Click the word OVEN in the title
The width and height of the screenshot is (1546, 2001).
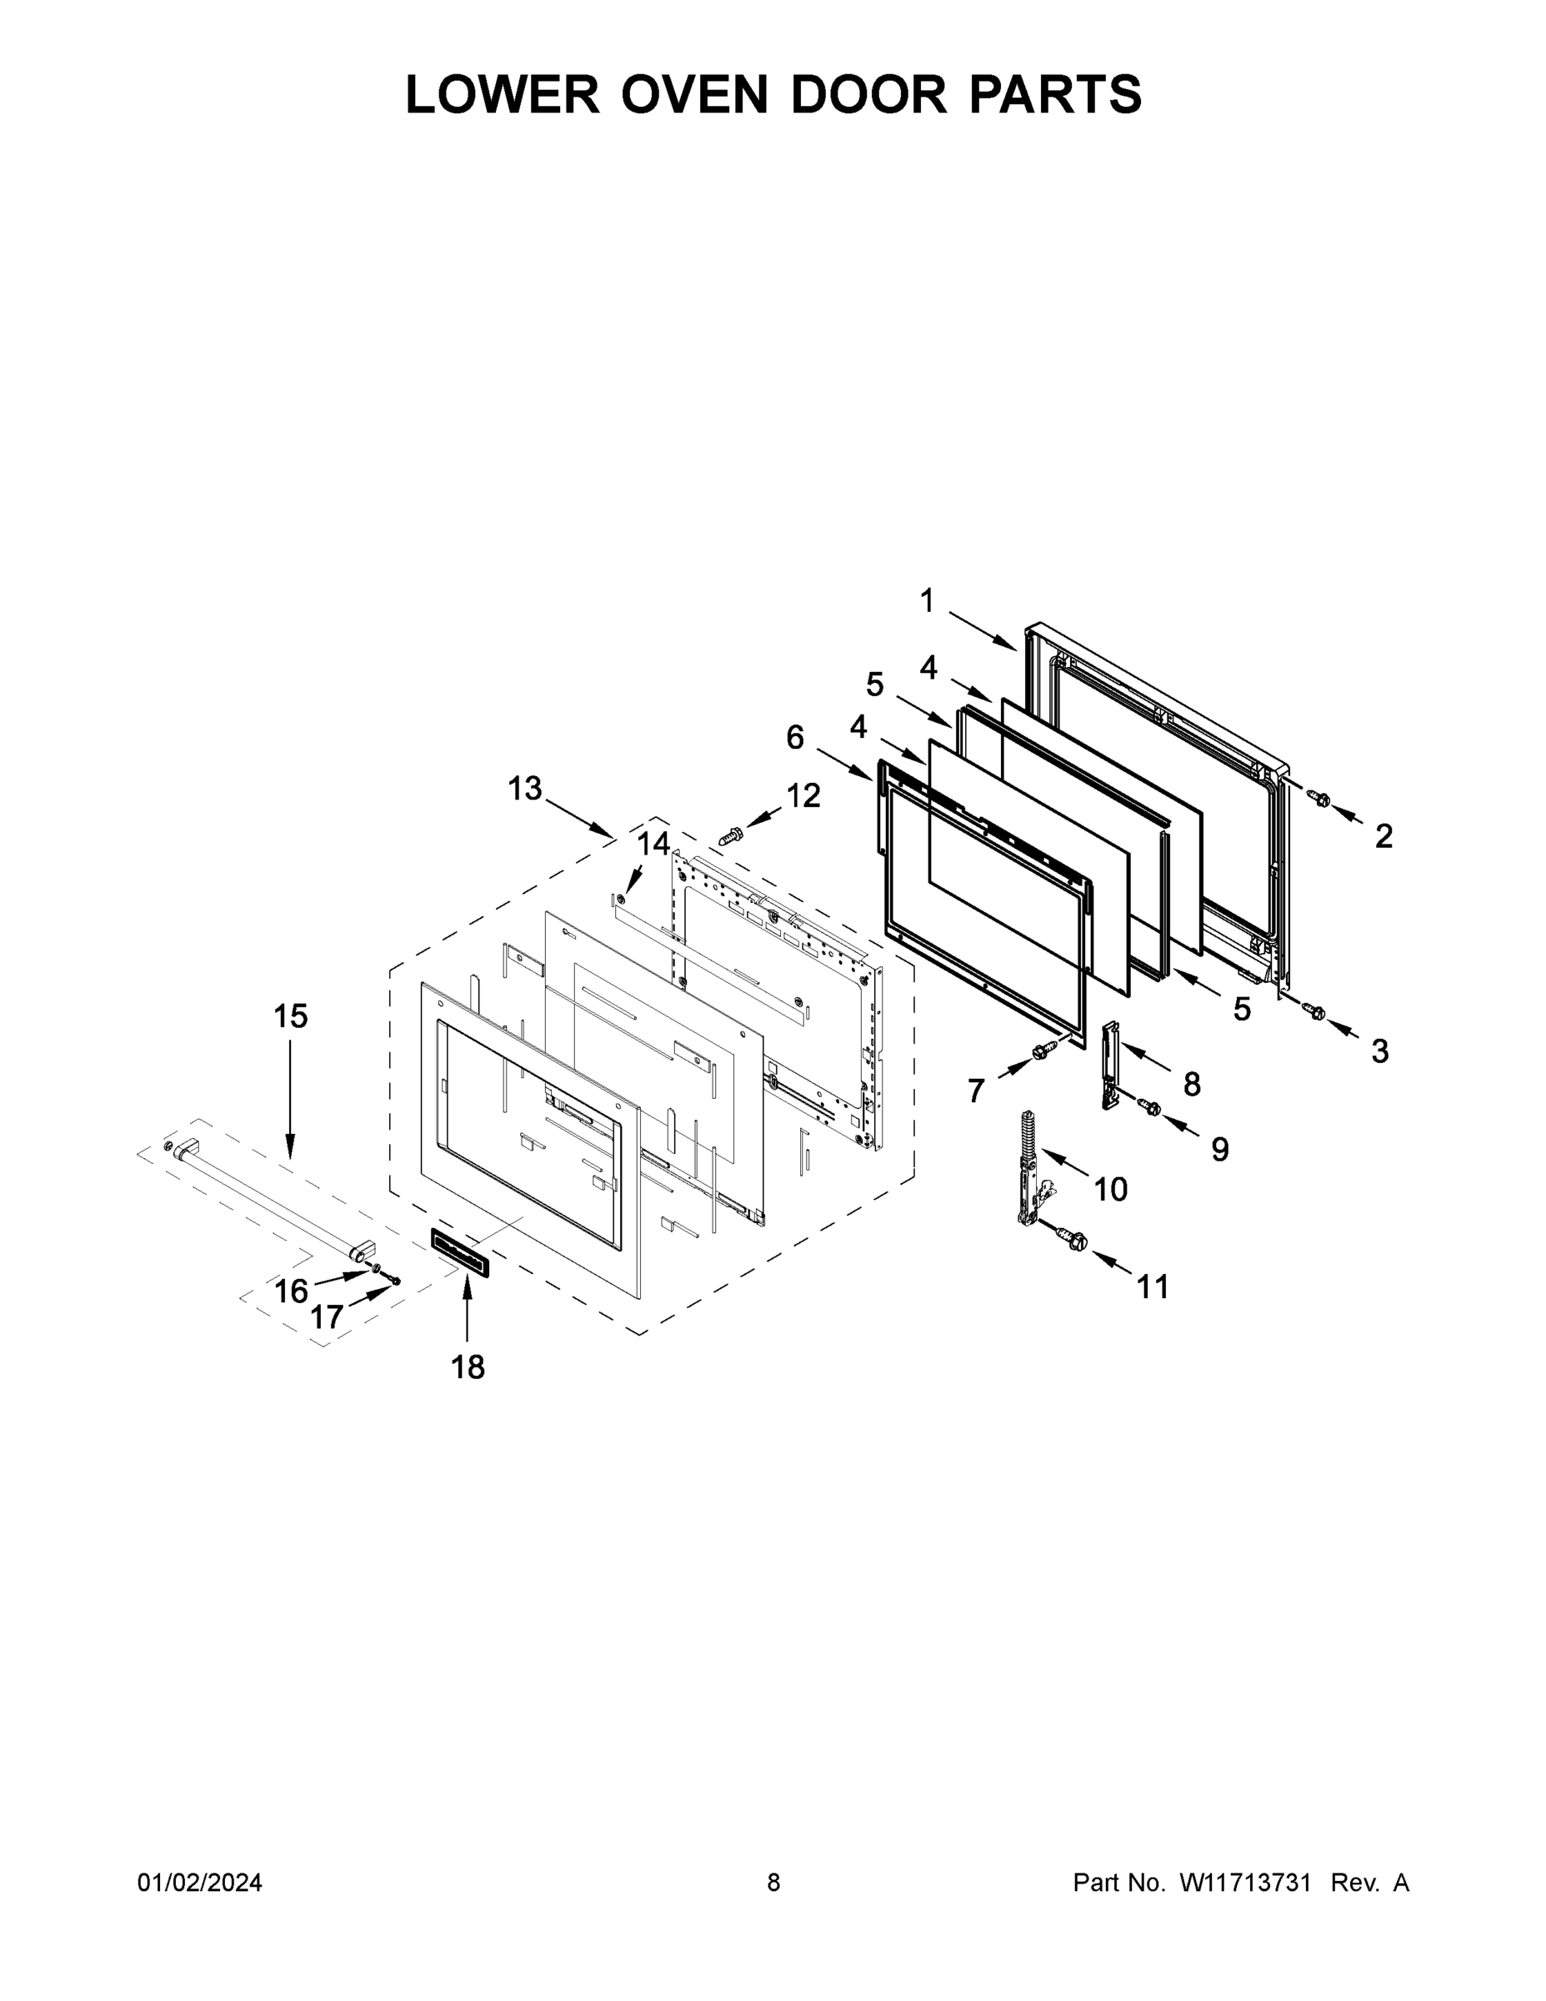point(694,94)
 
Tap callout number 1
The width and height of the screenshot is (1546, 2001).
point(927,601)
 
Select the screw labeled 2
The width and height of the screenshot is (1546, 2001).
point(1320,800)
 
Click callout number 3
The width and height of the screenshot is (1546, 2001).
point(1380,1051)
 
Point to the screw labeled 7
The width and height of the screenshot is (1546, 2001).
point(1040,1053)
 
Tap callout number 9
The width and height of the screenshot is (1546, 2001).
point(1220,1149)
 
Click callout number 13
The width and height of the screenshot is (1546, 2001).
point(526,788)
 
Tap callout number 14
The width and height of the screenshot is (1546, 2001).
point(654,843)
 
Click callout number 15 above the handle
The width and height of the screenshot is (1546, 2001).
point(290,1016)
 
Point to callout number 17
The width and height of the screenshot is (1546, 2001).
point(326,1317)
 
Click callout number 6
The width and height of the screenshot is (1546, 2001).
point(795,737)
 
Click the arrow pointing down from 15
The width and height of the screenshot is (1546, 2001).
point(290,1100)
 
